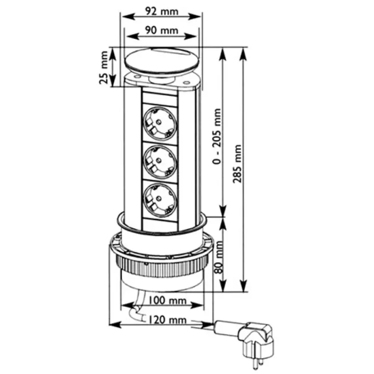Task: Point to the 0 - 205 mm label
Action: (216, 140)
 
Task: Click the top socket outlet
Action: (160, 123)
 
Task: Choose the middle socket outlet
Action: (160, 161)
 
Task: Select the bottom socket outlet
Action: (160, 199)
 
